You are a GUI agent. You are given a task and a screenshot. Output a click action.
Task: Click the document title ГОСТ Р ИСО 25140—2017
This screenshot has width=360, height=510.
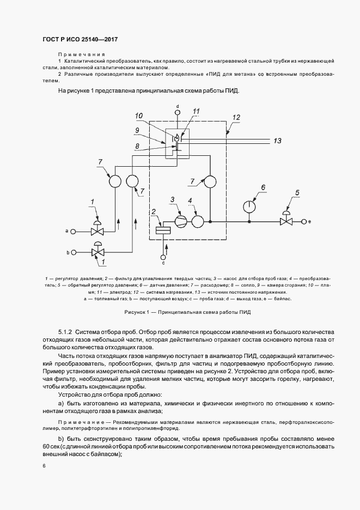coord(80,40)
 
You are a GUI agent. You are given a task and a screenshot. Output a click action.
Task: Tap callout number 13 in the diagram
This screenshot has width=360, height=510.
coord(277,141)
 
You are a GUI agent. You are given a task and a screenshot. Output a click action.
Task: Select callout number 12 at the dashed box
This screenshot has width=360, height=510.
coord(236,117)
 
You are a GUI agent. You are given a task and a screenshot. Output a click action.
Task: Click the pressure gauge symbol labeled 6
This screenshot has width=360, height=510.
coord(249,207)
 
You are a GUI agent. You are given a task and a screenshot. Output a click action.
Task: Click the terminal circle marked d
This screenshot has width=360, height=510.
coord(178,112)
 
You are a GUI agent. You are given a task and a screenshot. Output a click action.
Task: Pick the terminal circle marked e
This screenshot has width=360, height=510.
coord(303,221)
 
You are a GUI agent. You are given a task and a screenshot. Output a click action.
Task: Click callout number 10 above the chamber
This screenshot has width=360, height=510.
coord(139,116)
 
